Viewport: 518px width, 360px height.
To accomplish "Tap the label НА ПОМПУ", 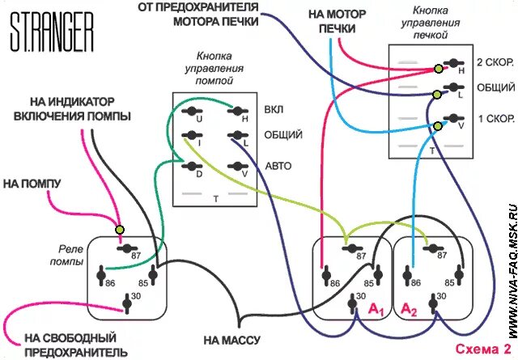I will coord(32,184).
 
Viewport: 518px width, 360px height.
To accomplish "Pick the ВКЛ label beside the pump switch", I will coord(273,109).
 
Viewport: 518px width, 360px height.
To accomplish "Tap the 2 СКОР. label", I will coord(495,62).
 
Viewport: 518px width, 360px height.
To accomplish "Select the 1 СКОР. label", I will coord(495,118).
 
